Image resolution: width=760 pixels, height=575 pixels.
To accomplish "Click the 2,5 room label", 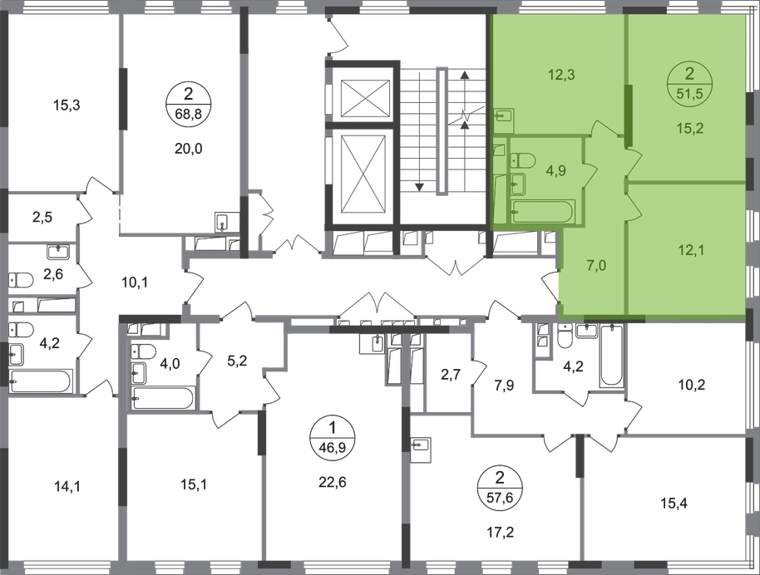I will click(44, 219).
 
